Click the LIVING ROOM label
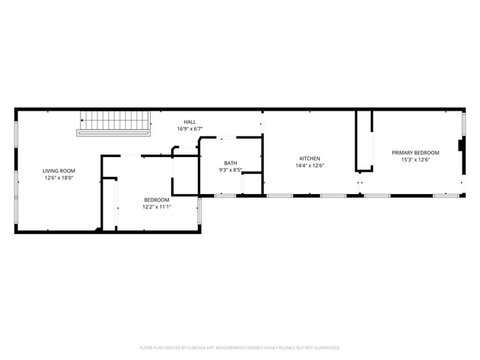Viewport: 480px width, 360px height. point(59,171)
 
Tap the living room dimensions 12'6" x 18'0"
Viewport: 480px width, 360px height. point(59,178)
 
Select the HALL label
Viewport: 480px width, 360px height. point(190,122)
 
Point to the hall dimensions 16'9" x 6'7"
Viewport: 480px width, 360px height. point(190,129)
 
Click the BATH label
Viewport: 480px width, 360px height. point(230,163)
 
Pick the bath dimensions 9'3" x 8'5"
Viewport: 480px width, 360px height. point(230,170)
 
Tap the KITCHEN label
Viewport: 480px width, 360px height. point(310,159)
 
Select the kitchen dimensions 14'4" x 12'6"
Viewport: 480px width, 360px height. point(310,165)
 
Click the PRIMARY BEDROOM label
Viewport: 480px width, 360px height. point(416,153)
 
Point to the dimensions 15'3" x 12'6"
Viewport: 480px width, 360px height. point(416,159)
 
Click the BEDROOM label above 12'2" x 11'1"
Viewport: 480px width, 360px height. point(157,200)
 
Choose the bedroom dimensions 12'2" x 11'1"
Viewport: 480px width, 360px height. point(157,207)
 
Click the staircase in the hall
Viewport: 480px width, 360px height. point(115,120)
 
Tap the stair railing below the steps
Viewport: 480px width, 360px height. point(114,133)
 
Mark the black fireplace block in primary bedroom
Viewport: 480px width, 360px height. point(461,145)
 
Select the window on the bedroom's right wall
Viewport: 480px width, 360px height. point(199,212)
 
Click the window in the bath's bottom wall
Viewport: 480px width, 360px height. point(225,195)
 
